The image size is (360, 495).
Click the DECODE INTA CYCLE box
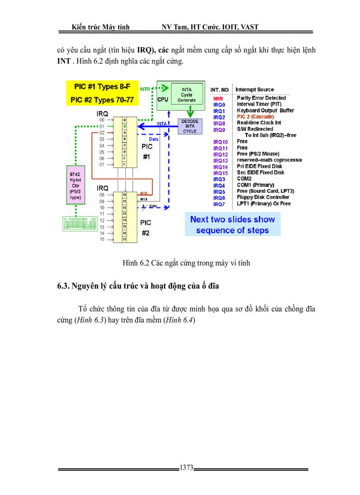click(190, 126)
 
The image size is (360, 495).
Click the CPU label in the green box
click(163, 100)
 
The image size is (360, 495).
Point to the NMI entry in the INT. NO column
click(218, 98)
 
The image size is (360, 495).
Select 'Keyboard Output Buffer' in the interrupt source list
click(265, 111)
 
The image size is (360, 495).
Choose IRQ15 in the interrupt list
click(220, 173)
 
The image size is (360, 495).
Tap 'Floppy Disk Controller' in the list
click(263, 197)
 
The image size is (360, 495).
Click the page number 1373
click(186, 468)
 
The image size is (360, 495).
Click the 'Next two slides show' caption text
click(232, 220)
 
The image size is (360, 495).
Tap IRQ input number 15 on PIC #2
click(102, 239)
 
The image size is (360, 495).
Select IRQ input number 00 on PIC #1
click(102, 120)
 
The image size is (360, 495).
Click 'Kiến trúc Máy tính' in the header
click(100, 27)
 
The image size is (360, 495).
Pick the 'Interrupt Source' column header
click(255, 89)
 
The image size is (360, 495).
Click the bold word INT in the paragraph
click(64, 61)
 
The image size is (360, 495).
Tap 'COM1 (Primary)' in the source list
click(255, 185)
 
